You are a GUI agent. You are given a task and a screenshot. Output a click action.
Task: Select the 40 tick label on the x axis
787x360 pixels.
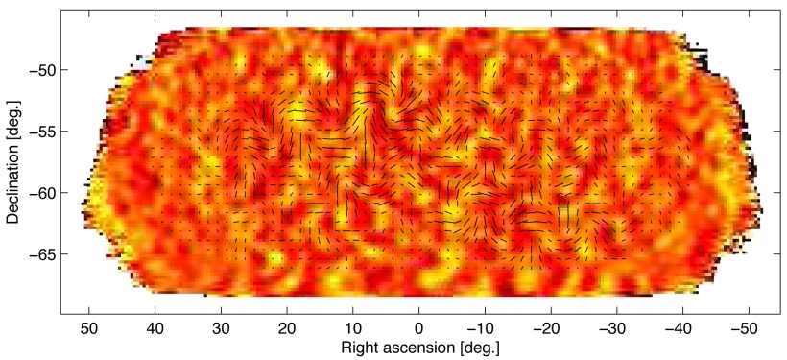click(x=155, y=326)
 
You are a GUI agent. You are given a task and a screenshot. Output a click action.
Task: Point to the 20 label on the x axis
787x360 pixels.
click(x=287, y=326)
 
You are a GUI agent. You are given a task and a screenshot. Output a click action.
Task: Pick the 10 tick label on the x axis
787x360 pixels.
click(x=353, y=326)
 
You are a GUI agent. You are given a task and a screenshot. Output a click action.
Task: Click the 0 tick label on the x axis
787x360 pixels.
click(x=419, y=326)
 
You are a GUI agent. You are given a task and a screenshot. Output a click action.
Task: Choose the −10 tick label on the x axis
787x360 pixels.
click(x=482, y=326)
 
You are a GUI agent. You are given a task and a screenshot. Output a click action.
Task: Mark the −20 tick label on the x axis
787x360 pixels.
click(x=548, y=326)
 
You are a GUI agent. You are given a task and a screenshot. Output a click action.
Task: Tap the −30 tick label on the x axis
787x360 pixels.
click(x=614, y=326)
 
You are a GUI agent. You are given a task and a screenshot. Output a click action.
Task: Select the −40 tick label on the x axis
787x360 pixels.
click(x=680, y=326)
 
